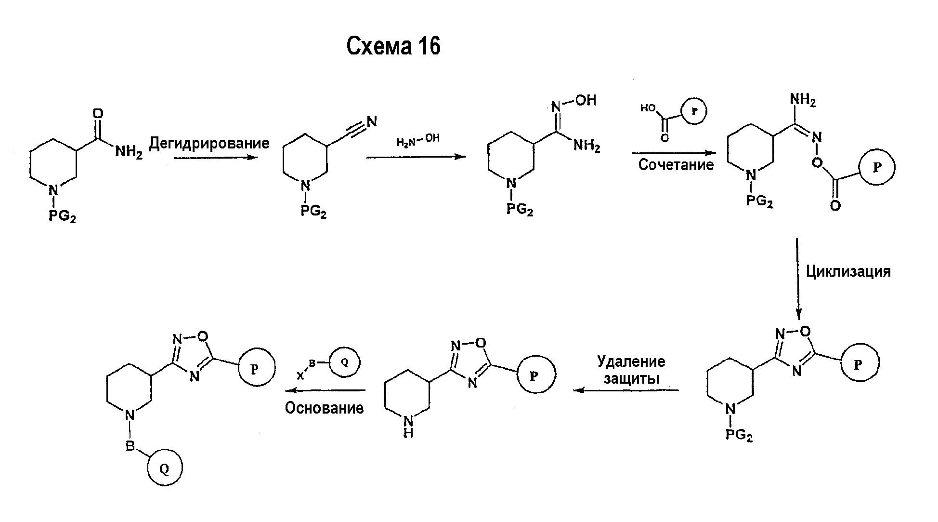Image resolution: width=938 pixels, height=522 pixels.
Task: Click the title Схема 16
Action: point(393,47)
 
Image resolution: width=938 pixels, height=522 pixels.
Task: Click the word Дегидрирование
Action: point(209,143)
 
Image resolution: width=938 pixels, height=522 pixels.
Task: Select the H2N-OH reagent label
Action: point(418,141)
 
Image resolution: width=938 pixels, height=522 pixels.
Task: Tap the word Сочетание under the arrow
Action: point(676,165)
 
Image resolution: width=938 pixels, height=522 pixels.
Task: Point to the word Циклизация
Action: point(848,271)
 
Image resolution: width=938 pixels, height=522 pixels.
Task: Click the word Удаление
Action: point(631,361)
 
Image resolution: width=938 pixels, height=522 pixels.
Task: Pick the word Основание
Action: point(324,408)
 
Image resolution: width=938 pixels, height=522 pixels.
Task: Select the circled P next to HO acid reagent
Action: point(694,110)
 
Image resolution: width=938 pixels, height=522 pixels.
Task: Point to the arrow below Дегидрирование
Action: point(216,157)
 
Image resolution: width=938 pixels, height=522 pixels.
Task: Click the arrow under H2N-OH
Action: point(417,157)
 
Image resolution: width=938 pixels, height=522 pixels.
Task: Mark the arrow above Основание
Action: point(325,390)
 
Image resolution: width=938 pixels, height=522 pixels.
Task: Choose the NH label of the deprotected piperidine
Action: point(408,427)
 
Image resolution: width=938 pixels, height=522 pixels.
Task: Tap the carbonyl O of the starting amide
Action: point(98,113)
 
